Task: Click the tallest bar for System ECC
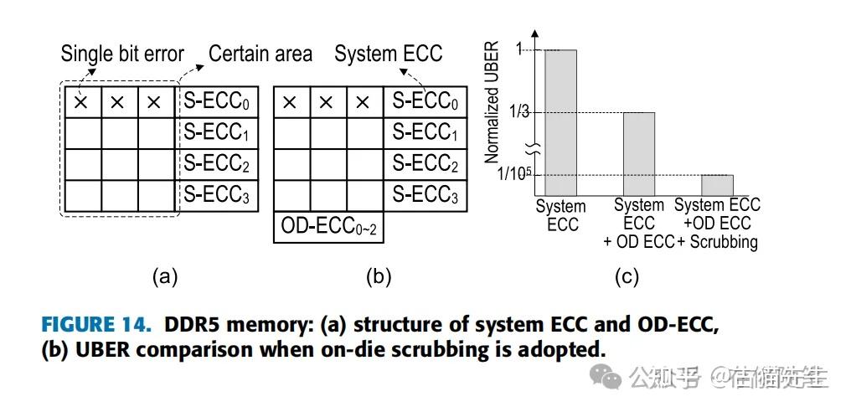point(560,122)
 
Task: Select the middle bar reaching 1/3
point(639,153)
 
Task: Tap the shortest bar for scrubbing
point(717,185)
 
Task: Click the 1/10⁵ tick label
point(513,176)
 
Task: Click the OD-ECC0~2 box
point(329,228)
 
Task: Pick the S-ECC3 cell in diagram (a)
point(217,195)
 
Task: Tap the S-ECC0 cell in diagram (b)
point(425,101)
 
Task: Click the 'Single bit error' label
point(122,54)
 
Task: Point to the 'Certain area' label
point(260,54)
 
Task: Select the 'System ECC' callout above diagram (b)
point(388,54)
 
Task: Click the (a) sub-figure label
point(165,277)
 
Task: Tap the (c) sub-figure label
point(627,277)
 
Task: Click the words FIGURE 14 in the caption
point(96,325)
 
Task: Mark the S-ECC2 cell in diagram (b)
point(425,164)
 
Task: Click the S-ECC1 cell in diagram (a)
point(217,133)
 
